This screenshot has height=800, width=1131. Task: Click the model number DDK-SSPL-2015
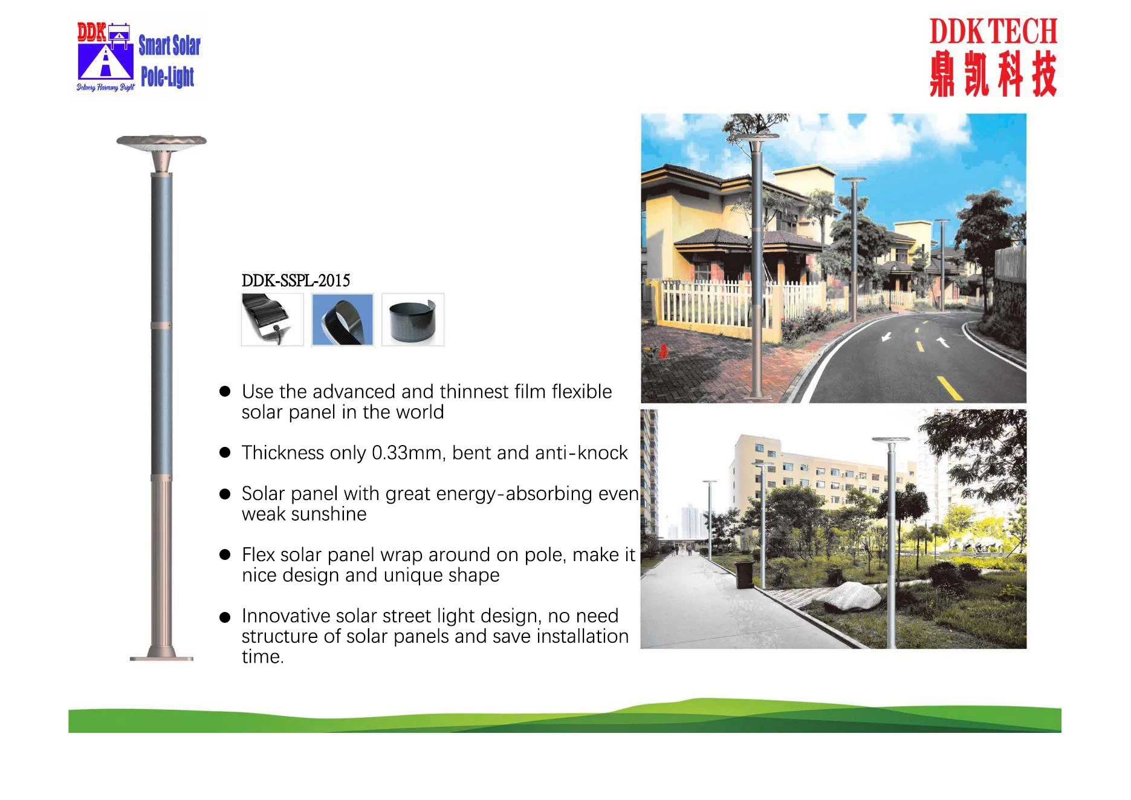pos(296,281)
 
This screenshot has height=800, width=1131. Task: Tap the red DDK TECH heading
pos(993,32)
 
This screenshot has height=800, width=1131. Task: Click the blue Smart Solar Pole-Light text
pos(168,61)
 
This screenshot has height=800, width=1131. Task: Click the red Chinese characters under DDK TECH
pos(993,74)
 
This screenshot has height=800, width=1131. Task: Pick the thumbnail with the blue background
pos(343,320)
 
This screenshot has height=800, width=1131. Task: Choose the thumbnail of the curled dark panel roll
pos(413,320)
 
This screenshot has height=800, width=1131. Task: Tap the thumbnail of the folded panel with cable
pos(272,320)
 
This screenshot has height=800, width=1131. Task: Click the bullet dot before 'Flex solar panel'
pos(225,554)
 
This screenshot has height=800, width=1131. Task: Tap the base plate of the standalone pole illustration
pos(161,658)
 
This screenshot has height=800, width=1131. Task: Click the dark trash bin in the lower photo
pos(744,574)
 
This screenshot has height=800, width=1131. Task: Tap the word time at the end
pos(262,657)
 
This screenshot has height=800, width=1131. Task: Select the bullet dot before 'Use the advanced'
pos(225,392)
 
